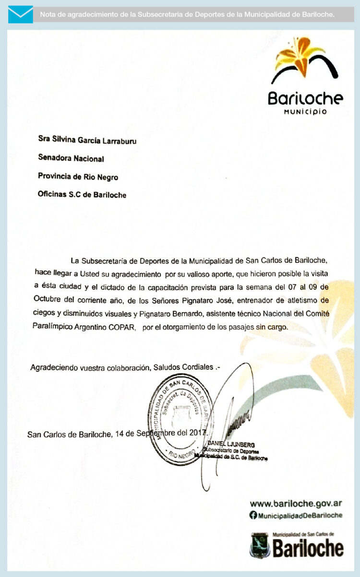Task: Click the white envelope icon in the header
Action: (21, 14)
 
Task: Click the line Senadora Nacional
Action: (71, 158)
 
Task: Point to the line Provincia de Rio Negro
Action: (78, 177)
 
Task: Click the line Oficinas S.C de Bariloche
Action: (82, 195)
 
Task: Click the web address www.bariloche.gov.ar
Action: (296, 504)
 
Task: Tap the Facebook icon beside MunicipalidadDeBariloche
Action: (253, 515)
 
